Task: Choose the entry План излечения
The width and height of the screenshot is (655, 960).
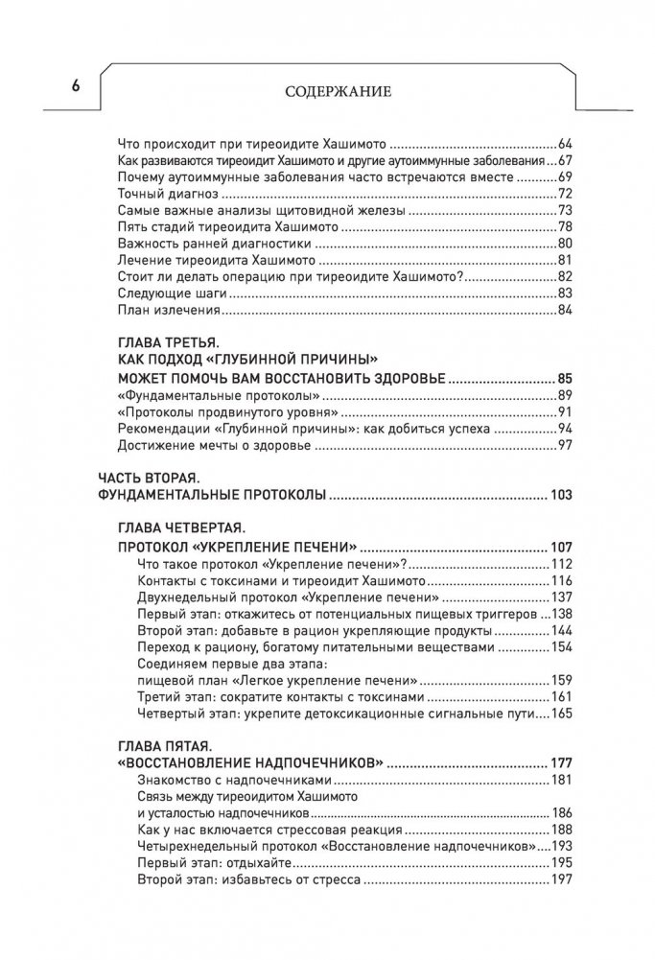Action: (x=153, y=311)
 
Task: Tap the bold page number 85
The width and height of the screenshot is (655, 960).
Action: (x=562, y=378)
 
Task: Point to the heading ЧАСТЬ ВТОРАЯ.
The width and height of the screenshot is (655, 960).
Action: (x=149, y=479)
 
